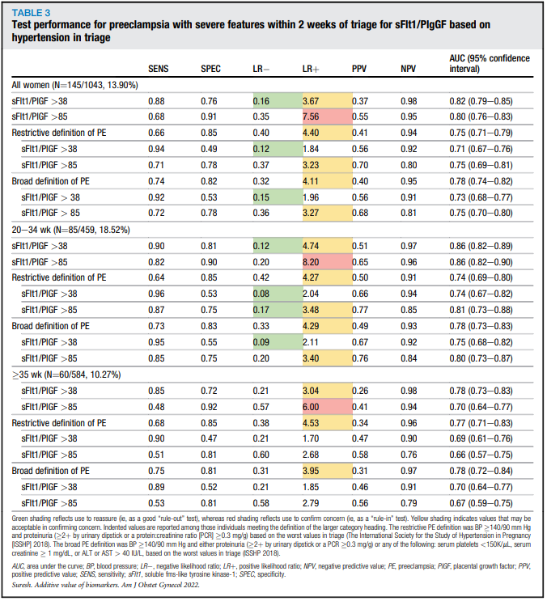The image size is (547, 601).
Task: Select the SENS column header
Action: tap(159, 70)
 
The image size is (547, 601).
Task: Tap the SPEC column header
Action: tap(210, 70)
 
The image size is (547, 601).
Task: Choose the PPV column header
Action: tap(360, 70)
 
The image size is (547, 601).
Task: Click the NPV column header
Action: tap(409, 70)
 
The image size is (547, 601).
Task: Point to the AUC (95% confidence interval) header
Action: tap(481, 65)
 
